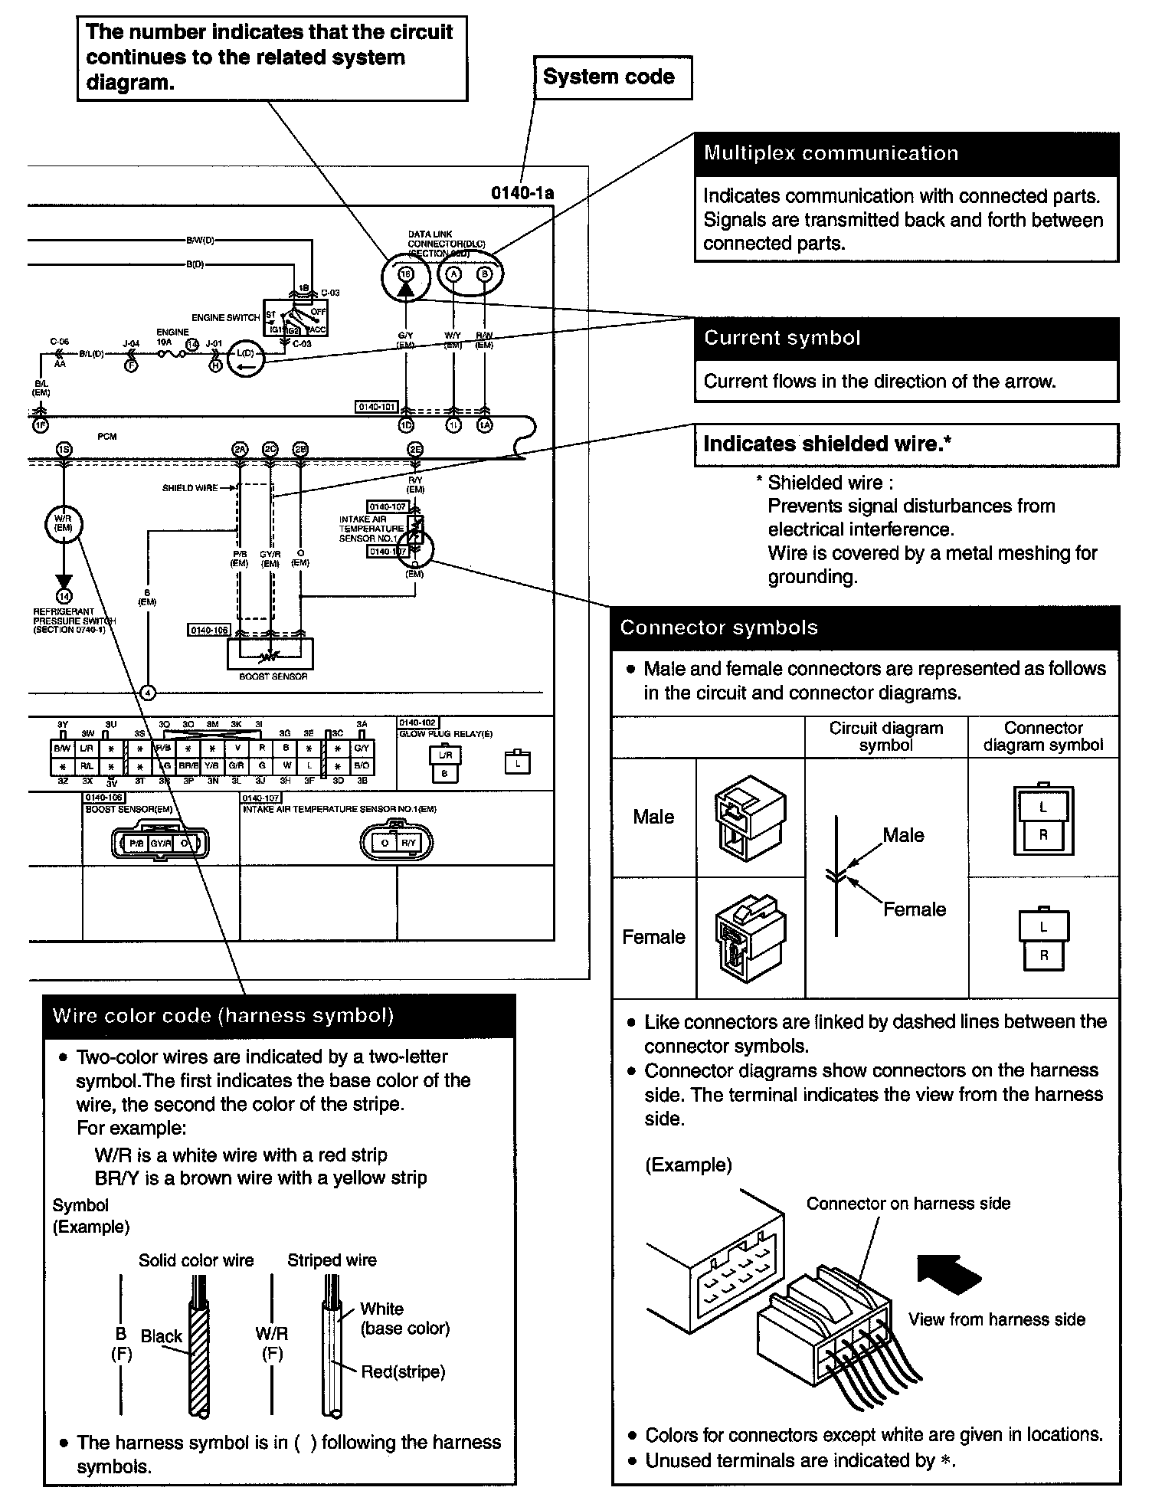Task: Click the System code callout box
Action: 612,77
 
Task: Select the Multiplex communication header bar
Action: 906,153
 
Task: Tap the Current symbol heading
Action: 906,339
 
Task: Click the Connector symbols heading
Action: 866,628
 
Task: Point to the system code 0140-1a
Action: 522,193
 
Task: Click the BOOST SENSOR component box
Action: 270,654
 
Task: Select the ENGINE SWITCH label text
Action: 225,317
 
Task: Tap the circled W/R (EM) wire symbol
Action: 64,524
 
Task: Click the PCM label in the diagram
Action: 107,437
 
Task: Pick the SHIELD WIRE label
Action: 189,488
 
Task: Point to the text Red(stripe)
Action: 403,1371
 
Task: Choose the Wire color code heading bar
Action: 279,1017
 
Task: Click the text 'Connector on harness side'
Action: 908,1204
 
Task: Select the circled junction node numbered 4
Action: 149,693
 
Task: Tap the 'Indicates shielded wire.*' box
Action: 906,444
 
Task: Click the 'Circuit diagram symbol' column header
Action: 885,736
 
